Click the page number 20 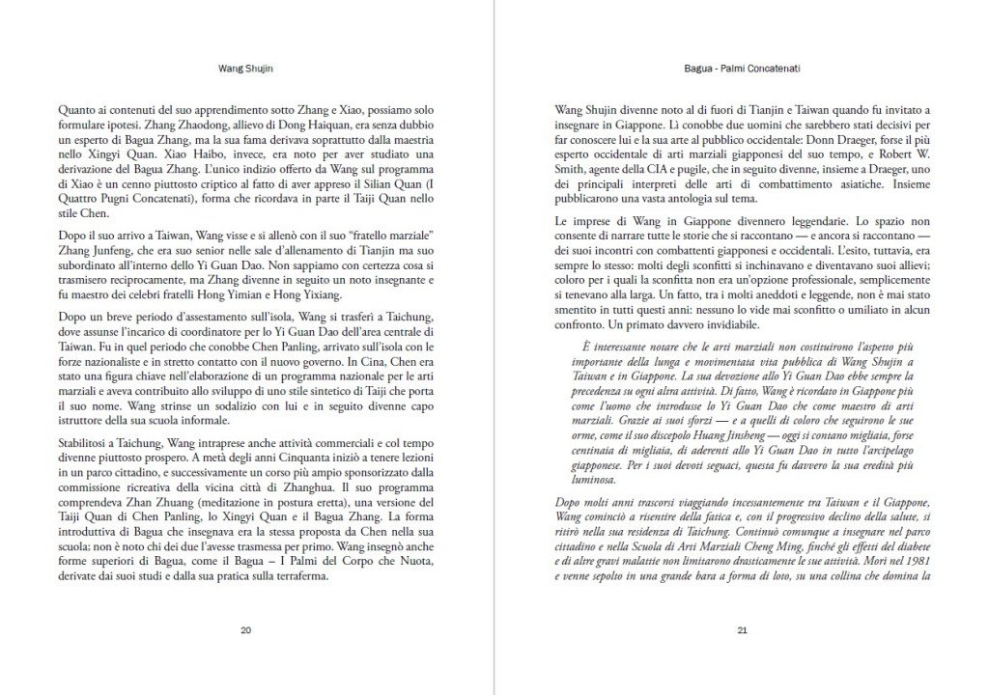(x=245, y=630)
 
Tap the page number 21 (x=742, y=630)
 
